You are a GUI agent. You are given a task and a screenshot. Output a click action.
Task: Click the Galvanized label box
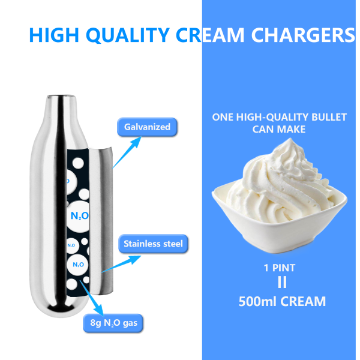pos(147,127)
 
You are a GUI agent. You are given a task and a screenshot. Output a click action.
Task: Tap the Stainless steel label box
pos(152,244)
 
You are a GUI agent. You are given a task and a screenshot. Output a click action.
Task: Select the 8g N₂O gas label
pos(113,324)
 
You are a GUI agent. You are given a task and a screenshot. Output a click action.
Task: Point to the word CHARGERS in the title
pos(303,35)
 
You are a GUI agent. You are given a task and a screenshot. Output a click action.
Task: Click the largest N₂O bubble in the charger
pos(79,215)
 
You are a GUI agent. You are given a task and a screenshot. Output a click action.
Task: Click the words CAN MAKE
pos(279,129)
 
